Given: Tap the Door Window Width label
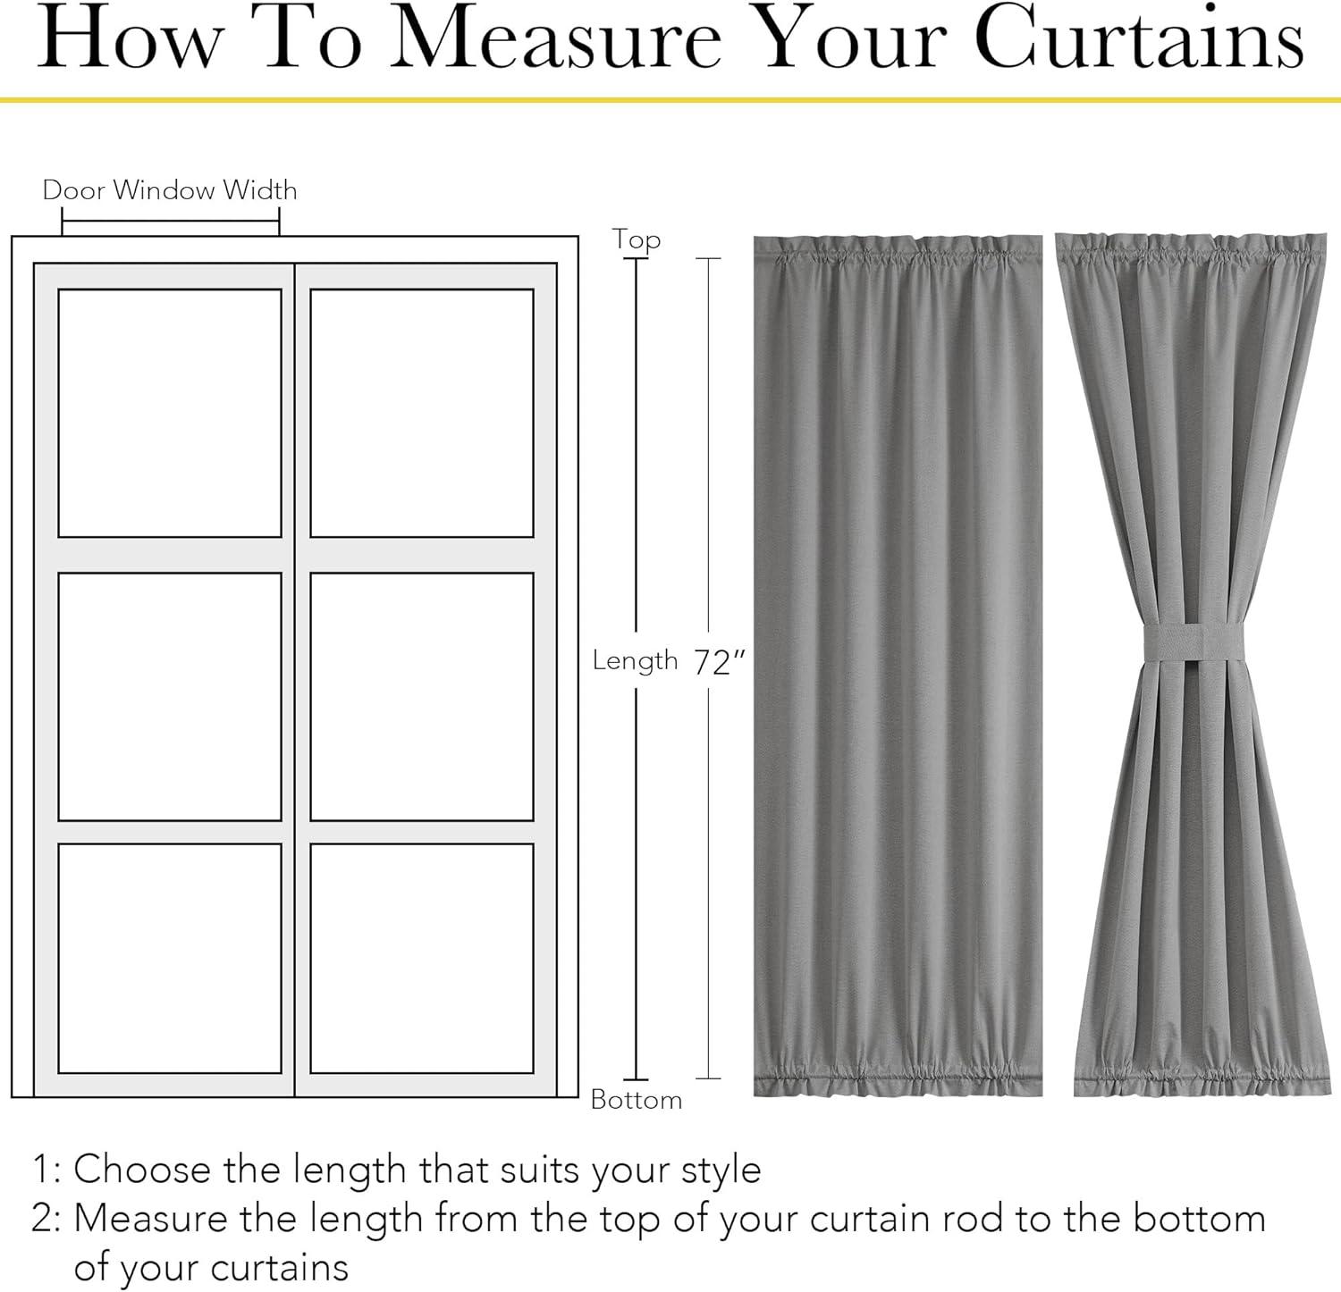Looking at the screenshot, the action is [170, 189].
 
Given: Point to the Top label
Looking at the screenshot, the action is [637, 240].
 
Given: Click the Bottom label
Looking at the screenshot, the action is [637, 1100].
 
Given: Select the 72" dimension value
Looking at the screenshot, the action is [720, 663].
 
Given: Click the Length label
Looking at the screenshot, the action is [636, 660].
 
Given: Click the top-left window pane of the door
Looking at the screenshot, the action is [170, 413].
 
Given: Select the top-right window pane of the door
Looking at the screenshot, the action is [422, 413].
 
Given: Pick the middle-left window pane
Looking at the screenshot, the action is [170, 696].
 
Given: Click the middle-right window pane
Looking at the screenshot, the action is [422, 696].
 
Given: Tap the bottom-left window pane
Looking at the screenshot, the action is [170, 958].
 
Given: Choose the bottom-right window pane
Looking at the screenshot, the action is [422, 958].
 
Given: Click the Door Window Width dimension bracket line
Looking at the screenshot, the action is [171, 222].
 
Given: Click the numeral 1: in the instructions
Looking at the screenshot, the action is [47, 1170].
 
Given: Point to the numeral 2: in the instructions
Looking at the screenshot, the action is [46, 1220].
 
